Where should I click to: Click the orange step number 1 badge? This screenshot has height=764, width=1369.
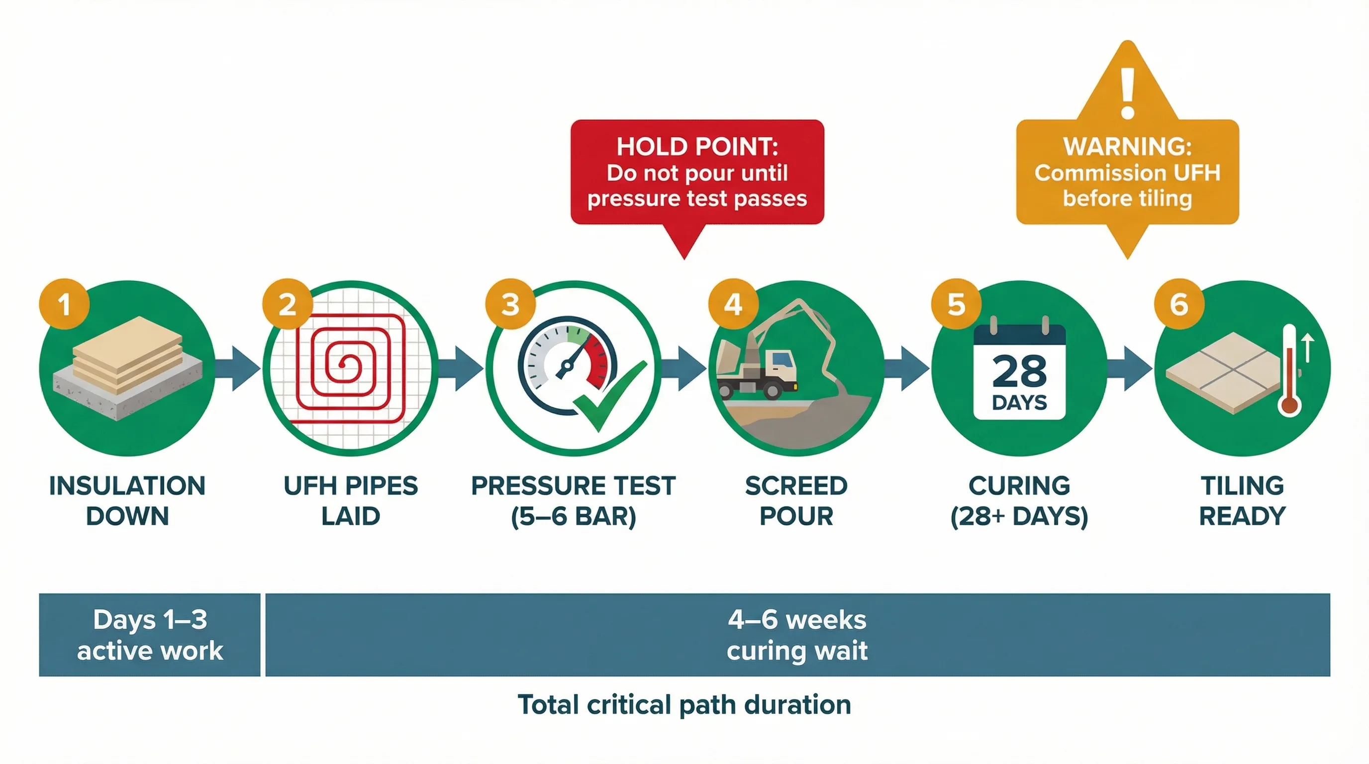(64, 304)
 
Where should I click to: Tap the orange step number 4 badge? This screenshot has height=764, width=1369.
(733, 304)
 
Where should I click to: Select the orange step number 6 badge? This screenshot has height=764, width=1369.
(1179, 304)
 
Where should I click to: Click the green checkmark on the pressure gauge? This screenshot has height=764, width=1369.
(611, 396)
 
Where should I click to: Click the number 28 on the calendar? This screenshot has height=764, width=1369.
(1019, 371)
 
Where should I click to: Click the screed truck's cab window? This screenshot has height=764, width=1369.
(781, 360)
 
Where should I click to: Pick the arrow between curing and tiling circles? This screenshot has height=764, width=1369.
(1131, 368)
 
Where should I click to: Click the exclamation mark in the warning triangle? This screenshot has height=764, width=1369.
(1128, 93)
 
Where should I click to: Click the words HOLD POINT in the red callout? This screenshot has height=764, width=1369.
(697, 147)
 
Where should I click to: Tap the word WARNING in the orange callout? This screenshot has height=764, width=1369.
(1127, 147)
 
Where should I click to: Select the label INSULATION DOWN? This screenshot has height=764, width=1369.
(127, 500)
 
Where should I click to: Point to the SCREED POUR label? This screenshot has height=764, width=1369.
(796, 500)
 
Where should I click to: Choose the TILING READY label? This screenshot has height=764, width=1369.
(1243, 500)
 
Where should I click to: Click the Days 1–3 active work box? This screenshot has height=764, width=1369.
(150, 634)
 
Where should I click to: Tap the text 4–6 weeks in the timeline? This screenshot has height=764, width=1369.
(797, 619)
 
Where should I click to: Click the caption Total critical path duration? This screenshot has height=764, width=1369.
(684, 704)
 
